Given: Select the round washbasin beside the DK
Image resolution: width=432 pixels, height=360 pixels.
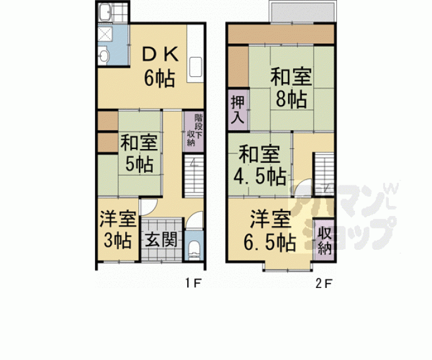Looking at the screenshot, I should coord(105,56).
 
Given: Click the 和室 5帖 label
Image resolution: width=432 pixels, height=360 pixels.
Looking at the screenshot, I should coord(138,153).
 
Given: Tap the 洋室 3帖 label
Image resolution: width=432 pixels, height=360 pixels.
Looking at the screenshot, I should coord(117,229).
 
